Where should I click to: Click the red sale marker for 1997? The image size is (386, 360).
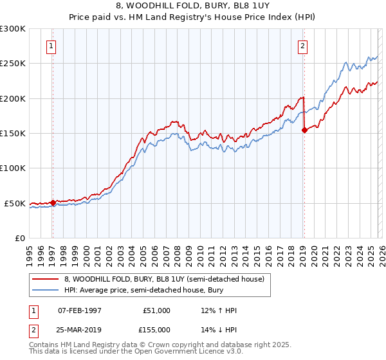53,203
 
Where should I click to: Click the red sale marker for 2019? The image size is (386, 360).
304,130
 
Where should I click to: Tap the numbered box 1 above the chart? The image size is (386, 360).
51,46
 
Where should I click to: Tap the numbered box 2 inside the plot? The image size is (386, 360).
302,46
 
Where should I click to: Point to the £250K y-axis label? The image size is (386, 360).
13,64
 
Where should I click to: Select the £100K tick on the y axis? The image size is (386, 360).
13,168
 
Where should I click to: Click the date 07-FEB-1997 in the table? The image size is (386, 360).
79,310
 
